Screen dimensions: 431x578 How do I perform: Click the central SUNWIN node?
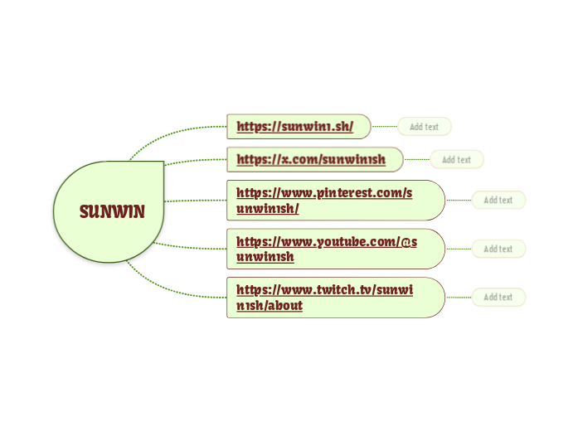tap(111, 212)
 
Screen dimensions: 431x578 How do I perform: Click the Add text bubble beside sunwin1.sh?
tap(424, 127)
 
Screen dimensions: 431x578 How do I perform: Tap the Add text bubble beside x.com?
tap(456, 159)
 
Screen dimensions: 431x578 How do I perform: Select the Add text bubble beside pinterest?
tap(498, 200)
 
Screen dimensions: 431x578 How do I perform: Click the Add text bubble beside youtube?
tap(498, 249)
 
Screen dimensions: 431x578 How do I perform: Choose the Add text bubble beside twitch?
tap(498, 297)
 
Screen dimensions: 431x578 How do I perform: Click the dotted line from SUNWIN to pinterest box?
tap(196, 201)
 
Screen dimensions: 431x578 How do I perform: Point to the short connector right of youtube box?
tap(459, 249)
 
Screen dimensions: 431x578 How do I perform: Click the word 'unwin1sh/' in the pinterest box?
tap(267, 208)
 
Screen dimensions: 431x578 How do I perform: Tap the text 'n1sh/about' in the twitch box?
tap(270, 305)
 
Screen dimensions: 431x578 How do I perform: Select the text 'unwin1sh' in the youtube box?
tap(265, 257)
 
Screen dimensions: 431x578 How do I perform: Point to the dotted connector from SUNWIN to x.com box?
tap(196, 161)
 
